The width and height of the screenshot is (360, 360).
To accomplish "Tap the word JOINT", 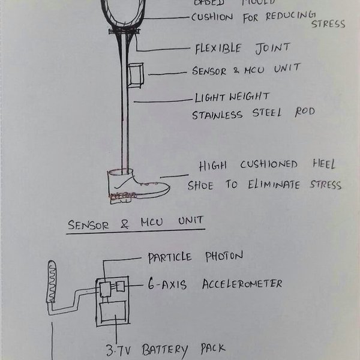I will click(x=272, y=47).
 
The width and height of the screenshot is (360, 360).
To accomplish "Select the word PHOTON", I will click(x=220, y=257).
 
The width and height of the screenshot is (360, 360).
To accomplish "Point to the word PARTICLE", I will click(x=170, y=257).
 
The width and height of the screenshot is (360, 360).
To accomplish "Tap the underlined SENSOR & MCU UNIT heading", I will click(x=135, y=225).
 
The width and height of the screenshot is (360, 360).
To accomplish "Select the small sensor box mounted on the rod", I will click(x=136, y=74).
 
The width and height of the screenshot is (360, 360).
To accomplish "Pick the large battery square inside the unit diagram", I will click(x=112, y=314).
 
